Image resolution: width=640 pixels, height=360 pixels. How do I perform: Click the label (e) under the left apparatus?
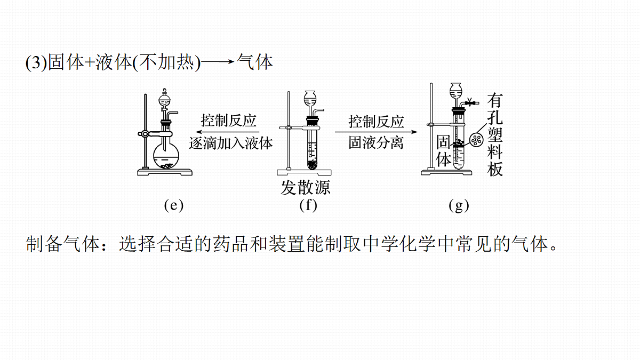174,205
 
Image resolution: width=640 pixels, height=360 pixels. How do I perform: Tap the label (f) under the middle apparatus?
308,205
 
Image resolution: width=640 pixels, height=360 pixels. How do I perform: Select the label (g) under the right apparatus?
459,205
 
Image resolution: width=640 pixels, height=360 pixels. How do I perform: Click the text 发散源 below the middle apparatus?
306,188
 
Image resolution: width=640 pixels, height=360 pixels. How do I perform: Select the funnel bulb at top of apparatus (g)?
455,90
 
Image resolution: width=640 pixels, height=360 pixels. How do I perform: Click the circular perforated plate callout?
476,140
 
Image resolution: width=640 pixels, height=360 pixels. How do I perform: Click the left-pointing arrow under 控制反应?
227,132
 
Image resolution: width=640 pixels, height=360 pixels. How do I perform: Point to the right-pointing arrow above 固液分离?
376,132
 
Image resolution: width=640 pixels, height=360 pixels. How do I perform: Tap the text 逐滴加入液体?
231,143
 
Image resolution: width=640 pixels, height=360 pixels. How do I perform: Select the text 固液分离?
376,142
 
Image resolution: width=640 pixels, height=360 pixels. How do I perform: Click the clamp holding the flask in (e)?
155,134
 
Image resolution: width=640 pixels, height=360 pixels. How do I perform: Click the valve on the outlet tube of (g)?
469,101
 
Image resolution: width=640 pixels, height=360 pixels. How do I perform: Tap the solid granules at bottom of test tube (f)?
313,165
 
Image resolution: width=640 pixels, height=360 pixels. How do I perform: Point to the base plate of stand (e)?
165,172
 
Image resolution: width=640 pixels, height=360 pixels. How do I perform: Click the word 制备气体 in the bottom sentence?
62,244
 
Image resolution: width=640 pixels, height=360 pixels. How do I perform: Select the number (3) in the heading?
36,62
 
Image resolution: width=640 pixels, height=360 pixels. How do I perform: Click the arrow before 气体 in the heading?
218,61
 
